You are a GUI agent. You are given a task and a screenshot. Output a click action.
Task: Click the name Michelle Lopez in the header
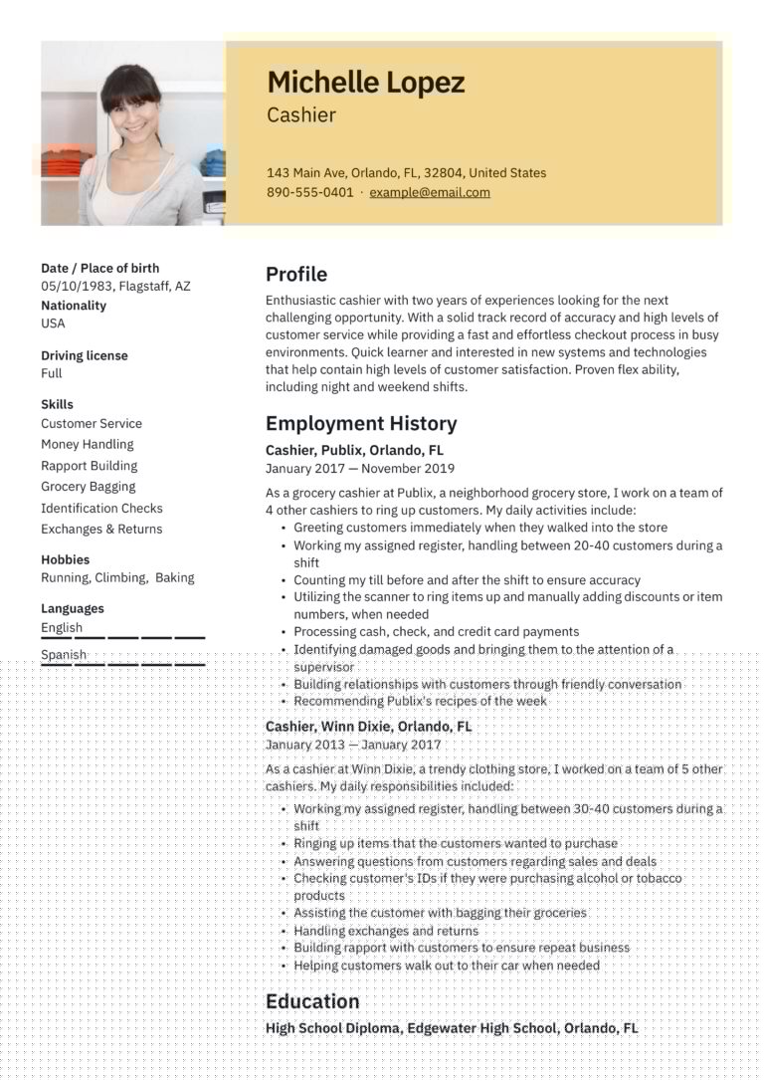tap(365, 83)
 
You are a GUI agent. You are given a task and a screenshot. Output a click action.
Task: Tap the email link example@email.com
tap(430, 192)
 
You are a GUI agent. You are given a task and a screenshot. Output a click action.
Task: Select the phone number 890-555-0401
tap(309, 192)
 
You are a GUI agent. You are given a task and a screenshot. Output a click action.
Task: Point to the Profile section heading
tap(295, 275)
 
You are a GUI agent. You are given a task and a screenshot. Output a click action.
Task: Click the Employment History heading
tap(361, 424)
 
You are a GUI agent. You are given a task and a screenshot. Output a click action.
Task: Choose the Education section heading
tap(312, 1001)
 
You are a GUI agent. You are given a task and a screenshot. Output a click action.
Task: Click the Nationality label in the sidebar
tap(74, 306)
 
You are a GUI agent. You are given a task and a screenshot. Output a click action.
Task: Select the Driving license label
tap(85, 355)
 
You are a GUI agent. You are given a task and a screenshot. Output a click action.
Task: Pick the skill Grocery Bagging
tap(88, 487)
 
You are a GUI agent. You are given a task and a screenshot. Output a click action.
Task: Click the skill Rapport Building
tap(89, 466)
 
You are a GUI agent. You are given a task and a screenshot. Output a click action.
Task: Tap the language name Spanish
tap(64, 654)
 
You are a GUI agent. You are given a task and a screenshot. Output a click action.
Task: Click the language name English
tap(62, 627)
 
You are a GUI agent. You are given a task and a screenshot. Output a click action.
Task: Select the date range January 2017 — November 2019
tap(359, 468)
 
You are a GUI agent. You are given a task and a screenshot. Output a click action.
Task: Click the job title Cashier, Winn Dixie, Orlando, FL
tap(368, 727)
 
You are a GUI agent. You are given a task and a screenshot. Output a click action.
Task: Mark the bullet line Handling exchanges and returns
tap(386, 931)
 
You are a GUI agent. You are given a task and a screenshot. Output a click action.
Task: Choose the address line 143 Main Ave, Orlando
tap(406, 172)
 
